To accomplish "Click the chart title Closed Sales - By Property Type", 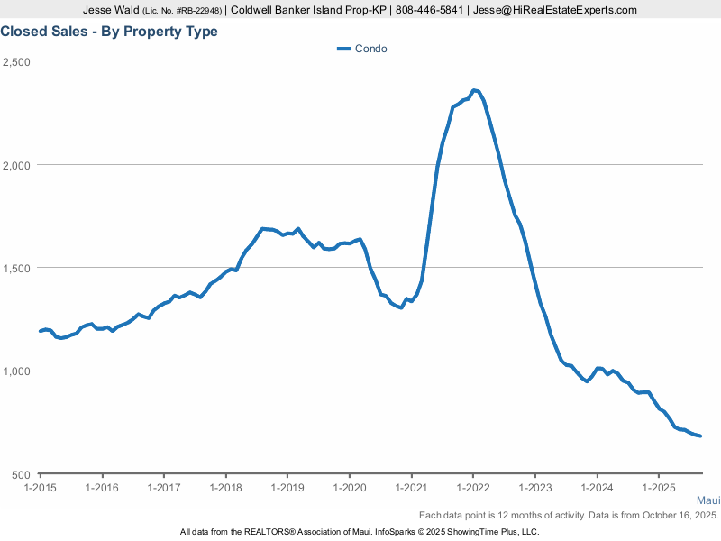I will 109,32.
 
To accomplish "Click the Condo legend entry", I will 362,49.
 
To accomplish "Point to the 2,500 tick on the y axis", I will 17,61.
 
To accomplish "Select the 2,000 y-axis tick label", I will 17,165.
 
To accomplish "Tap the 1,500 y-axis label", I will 17,269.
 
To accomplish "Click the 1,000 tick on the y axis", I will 17,371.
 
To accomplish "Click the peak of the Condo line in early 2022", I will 475,90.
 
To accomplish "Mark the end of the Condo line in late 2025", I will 700,436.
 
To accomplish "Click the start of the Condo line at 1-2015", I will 41,331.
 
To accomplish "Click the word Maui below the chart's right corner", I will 708,500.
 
